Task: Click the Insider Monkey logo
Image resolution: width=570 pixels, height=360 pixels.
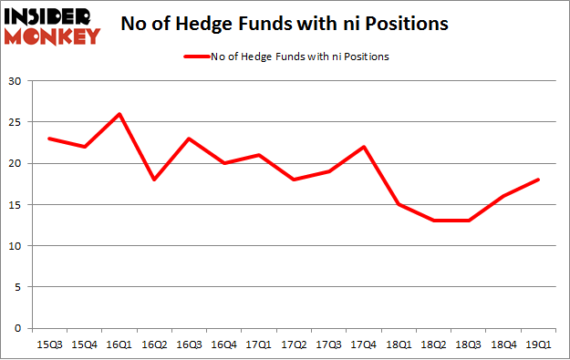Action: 52,26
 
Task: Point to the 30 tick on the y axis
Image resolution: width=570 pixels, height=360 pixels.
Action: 16,82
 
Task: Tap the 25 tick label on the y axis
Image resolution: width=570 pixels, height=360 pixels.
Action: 16,123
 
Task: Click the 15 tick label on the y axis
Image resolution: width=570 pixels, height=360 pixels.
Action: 16,205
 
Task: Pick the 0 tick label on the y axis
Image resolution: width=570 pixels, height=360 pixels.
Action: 18,328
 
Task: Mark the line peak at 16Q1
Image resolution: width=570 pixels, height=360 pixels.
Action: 119,114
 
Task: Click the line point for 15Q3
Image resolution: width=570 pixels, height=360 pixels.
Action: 49,139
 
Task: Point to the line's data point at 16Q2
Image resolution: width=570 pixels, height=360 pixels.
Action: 154,180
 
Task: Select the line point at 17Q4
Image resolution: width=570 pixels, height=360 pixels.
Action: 364,147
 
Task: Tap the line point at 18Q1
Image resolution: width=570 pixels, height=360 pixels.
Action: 399,204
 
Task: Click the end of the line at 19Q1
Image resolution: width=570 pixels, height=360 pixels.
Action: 538,180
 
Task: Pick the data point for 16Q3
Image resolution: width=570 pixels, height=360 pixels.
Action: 189,139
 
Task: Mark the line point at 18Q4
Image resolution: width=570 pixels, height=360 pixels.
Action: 503,196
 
